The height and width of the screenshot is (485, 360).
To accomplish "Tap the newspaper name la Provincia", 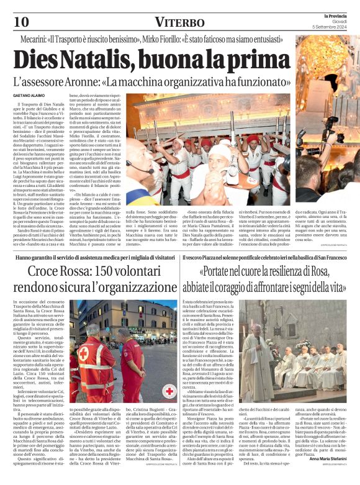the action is (340, 16).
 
